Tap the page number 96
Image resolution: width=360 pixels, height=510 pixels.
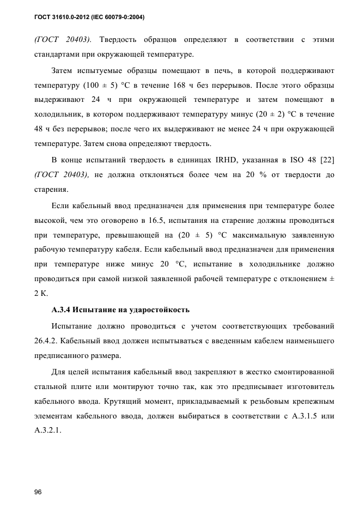[38, 491]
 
